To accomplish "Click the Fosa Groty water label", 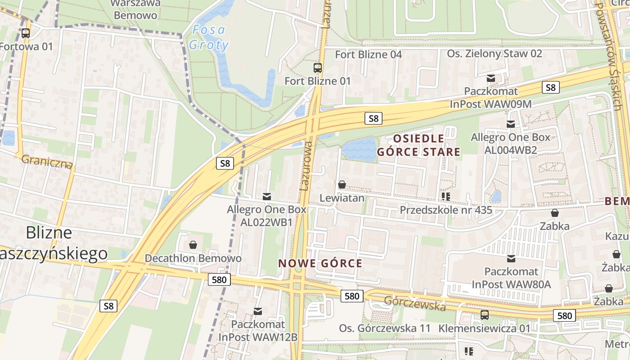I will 208,37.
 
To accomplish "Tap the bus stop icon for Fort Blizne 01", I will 318,68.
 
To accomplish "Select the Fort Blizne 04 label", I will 369,54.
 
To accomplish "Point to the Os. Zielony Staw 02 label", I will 494,54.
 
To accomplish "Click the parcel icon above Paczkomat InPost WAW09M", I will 491,78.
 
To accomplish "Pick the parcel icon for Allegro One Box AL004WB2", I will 511,124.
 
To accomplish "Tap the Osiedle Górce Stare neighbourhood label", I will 418,145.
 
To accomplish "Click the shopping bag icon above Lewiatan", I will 342,185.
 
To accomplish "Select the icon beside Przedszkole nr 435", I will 446,197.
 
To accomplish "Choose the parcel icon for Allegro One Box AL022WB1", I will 267,196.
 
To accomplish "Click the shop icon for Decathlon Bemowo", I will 193,245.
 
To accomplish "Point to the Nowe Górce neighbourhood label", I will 320,263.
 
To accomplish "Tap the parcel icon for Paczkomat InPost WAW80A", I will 511,259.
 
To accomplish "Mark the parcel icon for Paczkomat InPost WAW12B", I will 258,311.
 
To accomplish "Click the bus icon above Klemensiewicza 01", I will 485,315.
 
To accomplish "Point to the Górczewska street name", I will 414,303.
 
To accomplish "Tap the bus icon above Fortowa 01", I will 26,33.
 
